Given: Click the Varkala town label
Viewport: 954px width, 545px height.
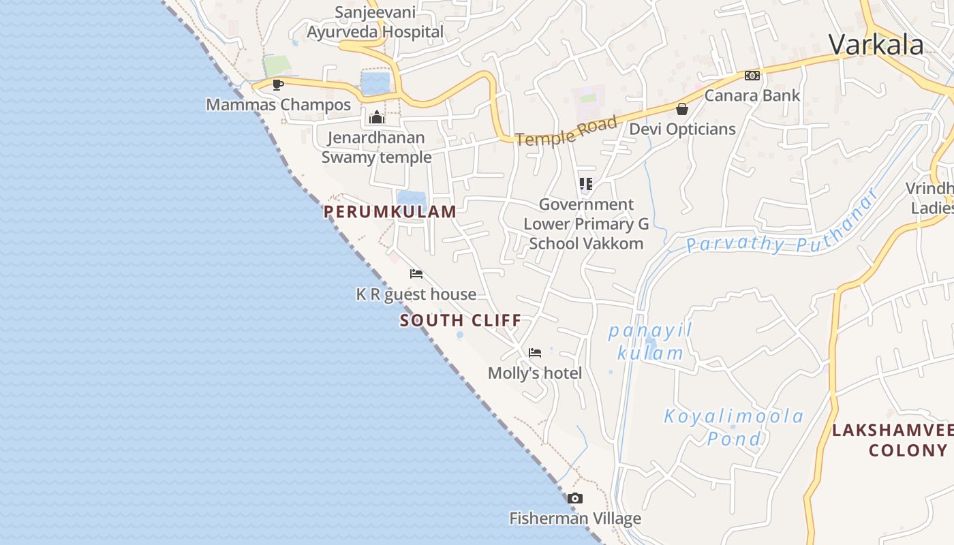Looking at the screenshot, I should [x=876, y=45].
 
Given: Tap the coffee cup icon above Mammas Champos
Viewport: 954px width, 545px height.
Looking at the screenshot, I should [x=277, y=84].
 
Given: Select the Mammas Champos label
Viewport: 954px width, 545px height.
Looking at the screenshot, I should [x=278, y=105].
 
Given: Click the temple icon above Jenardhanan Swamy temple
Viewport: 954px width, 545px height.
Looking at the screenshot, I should [x=377, y=117].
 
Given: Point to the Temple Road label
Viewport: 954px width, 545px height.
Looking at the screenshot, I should [x=566, y=131].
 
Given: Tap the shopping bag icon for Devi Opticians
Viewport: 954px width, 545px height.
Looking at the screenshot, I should [x=681, y=109].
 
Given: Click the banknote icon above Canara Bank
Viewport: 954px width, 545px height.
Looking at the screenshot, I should [x=752, y=76].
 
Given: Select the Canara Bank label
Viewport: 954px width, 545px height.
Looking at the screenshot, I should [x=752, y=95].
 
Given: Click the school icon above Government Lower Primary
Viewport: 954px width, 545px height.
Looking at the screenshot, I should [x=585, y=184].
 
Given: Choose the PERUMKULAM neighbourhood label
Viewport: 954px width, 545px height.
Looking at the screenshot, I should [x=390, y=212].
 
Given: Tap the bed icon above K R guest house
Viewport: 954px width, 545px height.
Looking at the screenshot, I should [x=416, y=274].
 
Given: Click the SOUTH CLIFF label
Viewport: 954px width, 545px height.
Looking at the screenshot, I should [x=461, y=320].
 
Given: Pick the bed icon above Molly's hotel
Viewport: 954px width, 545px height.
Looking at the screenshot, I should [x=535, y=353].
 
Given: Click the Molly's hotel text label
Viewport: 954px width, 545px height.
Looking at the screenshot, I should [x=535, y=373].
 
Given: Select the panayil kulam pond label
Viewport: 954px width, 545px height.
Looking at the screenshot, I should [x=649, y=342].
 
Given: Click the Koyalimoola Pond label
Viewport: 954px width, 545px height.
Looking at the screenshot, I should [x=734, y=427].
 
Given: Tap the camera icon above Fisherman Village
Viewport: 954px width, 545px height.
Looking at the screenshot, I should [x=575, y=499].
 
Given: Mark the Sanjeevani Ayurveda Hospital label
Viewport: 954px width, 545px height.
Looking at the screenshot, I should [x=375, y=22].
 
